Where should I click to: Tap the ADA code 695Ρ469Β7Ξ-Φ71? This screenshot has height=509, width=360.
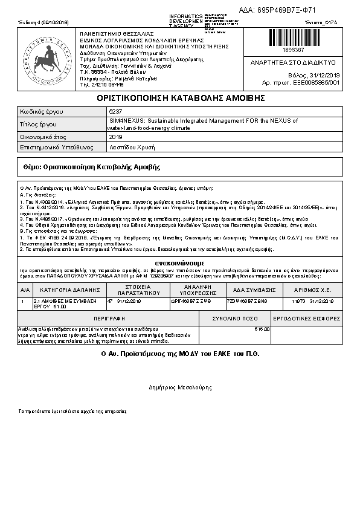[x=286, y=10]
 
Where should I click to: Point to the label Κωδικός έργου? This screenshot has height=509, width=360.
[x=42, y=112]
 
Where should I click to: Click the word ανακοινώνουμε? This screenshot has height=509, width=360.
[x=179, y=263]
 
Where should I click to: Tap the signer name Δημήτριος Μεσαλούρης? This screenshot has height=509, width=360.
[x=179, y=387]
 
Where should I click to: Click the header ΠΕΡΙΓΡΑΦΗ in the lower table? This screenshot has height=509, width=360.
[x=109, y=318]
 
